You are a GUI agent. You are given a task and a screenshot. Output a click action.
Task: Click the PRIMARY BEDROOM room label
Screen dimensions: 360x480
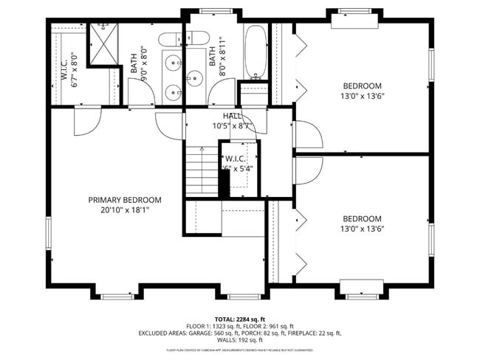click(125, 200)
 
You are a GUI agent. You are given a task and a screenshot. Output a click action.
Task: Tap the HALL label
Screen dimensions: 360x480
click(232, 116)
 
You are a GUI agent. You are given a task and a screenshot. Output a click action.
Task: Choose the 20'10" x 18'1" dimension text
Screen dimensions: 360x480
click(125, 210)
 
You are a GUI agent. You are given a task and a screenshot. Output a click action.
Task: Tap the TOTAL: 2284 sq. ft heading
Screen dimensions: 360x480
click(239, 318)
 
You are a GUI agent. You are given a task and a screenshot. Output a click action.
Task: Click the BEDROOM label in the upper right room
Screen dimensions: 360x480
click(361, 86)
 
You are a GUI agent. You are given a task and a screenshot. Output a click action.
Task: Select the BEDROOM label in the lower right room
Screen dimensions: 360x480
click(361, 218)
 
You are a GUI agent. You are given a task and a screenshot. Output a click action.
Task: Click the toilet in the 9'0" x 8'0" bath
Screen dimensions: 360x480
click(168, 41)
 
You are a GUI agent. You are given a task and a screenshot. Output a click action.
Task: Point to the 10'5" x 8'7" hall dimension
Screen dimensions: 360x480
click(232, 125)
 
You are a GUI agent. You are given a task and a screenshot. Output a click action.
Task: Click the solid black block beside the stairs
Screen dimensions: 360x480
click(224, 181)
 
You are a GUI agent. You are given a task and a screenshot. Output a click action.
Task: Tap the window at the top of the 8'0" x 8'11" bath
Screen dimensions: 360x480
click(219, 12)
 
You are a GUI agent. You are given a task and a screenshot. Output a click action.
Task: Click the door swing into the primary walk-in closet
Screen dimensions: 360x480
click(82, 122)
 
